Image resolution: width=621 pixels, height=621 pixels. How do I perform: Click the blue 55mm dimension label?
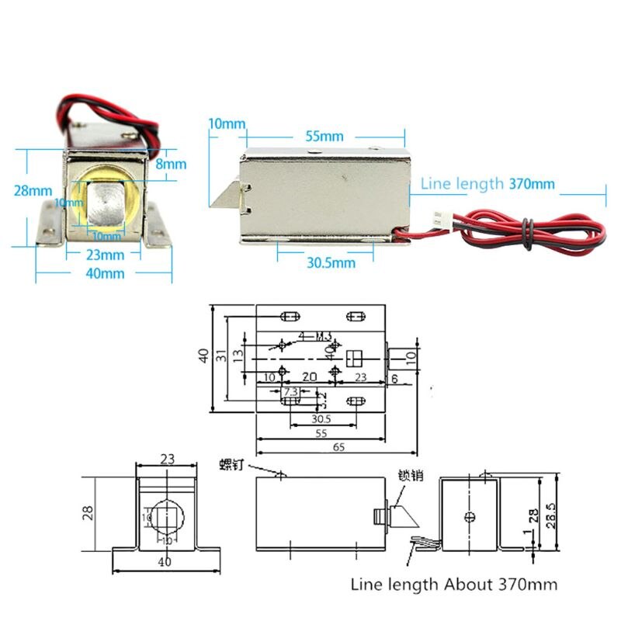point(324,136)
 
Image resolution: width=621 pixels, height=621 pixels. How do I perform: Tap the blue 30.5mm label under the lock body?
point(330,263)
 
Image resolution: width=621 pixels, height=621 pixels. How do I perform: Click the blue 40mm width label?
point(105,272)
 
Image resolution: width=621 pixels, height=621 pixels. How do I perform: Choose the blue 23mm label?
point(104,254)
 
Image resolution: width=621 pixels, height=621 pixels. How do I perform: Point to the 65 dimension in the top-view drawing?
point(339,446)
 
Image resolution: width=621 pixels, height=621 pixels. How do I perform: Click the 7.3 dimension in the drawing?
point(292,391)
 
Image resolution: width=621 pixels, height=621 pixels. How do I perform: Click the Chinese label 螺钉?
point(231,465)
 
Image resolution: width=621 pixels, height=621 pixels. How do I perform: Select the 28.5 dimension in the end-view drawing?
point(551,513)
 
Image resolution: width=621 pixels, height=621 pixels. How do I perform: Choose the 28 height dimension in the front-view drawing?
point(89,512)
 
